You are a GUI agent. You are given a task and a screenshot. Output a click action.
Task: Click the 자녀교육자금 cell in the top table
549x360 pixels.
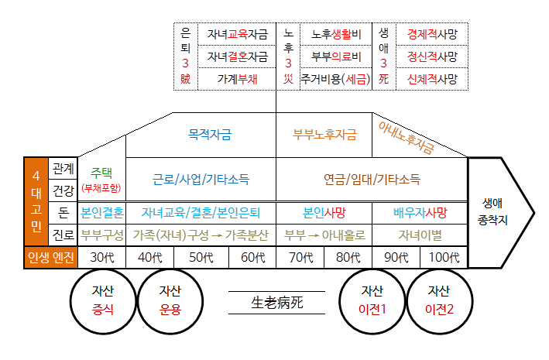click(237, 34)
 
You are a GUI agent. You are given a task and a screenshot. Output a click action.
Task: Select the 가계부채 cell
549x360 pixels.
click(237, 79)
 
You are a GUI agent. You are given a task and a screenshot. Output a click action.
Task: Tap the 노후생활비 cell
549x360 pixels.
click(336, 34)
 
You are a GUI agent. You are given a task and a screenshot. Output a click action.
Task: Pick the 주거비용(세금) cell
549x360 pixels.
click(336, 79)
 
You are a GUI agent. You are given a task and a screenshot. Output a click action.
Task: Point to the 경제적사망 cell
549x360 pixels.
click(432, 34)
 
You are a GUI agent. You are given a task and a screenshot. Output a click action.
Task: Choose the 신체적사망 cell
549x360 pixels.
click(432, 79)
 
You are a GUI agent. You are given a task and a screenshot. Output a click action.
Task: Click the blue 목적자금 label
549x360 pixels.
click(210, 134)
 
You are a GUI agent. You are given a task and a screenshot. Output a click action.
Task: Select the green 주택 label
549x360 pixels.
click(101, 172)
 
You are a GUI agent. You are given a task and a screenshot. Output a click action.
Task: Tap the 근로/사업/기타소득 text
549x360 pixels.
click(201, 179)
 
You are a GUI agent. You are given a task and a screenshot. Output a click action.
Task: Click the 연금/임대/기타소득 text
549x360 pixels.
click(372, 179)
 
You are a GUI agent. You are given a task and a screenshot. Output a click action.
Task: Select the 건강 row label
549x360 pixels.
click(63, 190)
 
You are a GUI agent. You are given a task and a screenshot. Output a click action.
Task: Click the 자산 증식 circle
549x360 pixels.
click(103, 300)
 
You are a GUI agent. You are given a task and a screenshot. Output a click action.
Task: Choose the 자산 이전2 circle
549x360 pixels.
click(439, 300)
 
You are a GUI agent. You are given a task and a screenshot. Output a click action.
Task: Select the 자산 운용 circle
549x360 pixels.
click(170, 300)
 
